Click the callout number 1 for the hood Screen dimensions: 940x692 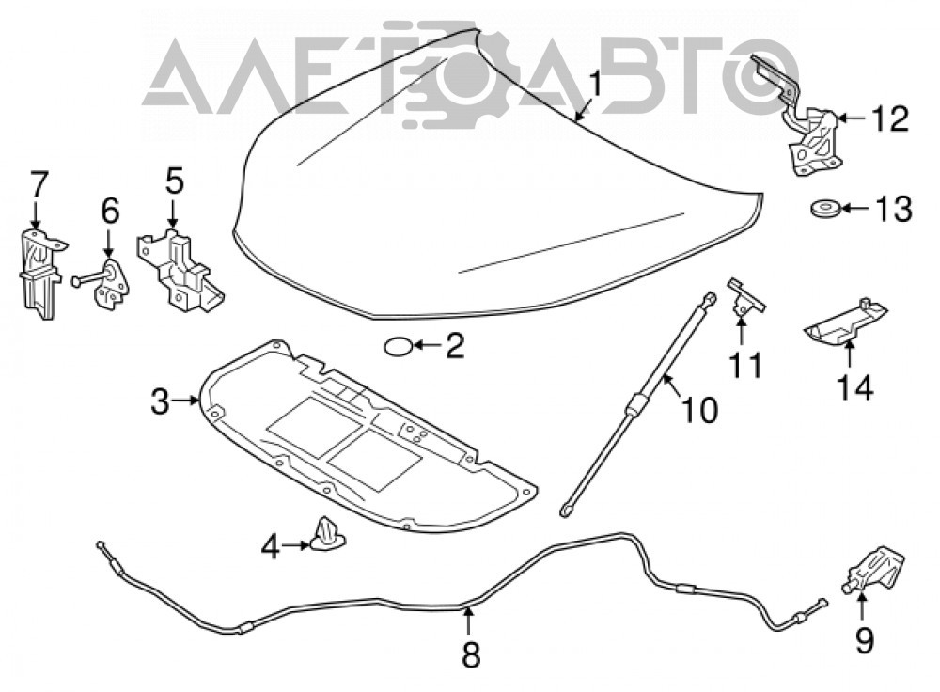click(x=594, y=84)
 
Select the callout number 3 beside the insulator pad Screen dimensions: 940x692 click(x=160, y=401)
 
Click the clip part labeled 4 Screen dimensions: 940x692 click(x=327, y=533)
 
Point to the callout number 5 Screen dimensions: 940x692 click(x=174, y=181)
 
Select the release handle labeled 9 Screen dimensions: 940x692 click(x=874, y=571)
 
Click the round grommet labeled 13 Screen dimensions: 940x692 click(x=823, y=210)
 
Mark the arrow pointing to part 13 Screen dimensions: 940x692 click(x=855, y=210)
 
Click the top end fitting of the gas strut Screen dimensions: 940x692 click(x=709, y=298)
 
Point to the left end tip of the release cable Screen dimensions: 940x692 click(x=99, y=543)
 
